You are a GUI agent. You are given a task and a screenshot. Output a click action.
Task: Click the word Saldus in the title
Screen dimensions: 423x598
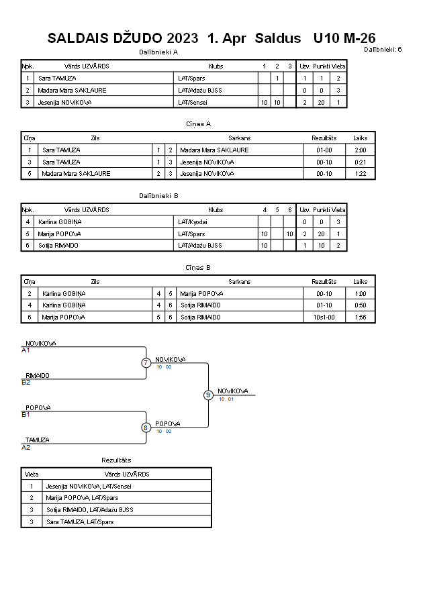[x=278, y=38]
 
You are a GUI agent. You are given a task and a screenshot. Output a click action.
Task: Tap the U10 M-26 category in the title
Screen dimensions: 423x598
[x=344, y=38]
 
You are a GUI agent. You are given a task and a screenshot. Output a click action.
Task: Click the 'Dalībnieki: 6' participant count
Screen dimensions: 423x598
[x=383, y=49]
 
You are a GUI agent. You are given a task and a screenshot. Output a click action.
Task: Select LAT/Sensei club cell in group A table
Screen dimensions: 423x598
[x=193, y=102]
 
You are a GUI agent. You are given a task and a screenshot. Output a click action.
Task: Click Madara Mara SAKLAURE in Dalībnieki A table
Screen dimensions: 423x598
[x=72, y=91]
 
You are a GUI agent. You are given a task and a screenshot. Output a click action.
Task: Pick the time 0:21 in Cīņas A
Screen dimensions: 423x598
[x=360, y=162]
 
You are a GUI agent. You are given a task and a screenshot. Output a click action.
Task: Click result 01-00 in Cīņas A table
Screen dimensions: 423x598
[x=324, y=150]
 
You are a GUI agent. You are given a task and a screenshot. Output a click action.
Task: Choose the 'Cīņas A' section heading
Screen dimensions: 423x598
[x=198, y=124]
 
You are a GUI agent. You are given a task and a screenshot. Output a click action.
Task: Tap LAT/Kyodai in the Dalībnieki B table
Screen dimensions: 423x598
[x=193, y=222]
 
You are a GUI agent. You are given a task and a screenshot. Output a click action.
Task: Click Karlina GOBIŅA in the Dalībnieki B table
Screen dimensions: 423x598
[x=60, y=222]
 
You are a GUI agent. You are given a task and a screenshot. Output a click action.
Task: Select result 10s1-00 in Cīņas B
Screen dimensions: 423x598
[x=324, y=317]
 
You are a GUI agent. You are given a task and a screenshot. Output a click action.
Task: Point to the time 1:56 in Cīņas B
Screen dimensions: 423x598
[x=360, y=317]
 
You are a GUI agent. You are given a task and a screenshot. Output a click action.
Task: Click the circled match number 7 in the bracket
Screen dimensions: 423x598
[x=146, y=362]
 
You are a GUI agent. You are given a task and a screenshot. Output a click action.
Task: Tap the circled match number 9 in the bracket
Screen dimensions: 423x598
[x=208, y=395]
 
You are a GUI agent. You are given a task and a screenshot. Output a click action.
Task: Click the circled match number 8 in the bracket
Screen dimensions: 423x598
[x=145, y=428]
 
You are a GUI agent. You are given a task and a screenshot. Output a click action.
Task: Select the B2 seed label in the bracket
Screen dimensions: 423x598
[x=26, y=383]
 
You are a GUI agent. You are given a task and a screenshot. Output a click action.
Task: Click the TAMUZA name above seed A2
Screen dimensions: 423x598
[x=38, y=440]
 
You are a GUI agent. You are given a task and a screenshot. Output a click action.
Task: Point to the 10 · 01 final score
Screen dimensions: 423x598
[x=226, y=399]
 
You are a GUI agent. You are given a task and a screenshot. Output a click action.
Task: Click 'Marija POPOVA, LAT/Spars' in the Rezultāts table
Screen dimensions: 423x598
[x=82, y=498]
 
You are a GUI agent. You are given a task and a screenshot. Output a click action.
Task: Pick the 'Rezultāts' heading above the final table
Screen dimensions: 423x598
[x=116, y=460]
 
